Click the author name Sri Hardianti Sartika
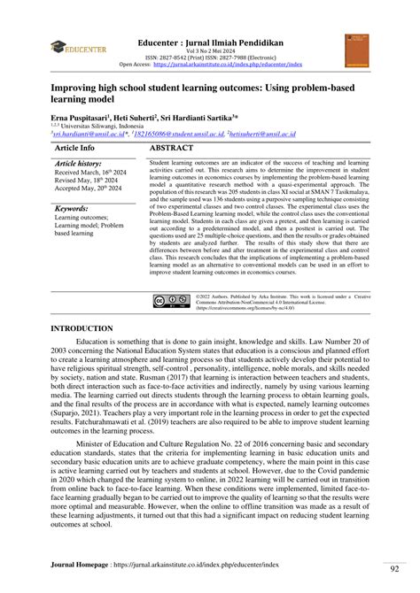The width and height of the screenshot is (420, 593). (x=220, y=118)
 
